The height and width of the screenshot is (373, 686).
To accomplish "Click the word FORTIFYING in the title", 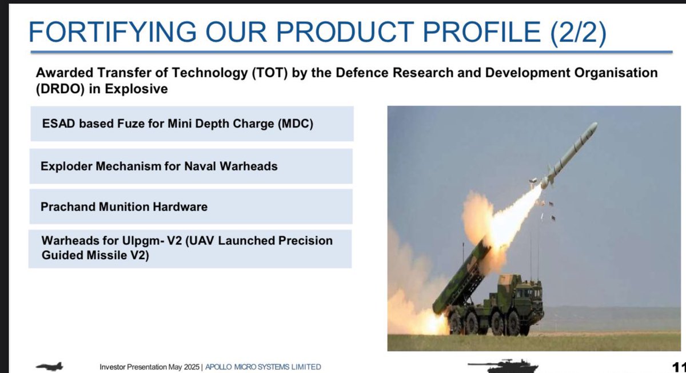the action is tap(113, 32).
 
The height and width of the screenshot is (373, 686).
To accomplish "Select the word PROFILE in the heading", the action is tap(481, 32).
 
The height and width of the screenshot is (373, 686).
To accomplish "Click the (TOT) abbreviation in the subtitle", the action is tap(269, 73).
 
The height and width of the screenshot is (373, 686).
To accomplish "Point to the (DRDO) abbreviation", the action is tap(60, 89).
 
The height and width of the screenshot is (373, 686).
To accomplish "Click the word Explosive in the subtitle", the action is tap(136, 89).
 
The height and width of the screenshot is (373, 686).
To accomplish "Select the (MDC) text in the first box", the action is tap(296, 124).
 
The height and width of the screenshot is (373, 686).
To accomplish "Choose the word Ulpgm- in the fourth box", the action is tap(143, 241).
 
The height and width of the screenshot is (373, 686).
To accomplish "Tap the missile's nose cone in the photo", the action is tap(593, 126).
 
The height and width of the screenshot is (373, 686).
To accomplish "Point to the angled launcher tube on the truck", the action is tap(460, 277).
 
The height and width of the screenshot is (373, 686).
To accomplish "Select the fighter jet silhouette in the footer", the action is tap(50, 366).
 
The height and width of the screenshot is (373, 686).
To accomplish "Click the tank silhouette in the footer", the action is tap(503, 366).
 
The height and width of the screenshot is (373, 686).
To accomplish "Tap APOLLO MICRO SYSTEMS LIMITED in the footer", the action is tap(263, 367).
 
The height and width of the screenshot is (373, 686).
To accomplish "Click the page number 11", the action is tap(679, 367).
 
